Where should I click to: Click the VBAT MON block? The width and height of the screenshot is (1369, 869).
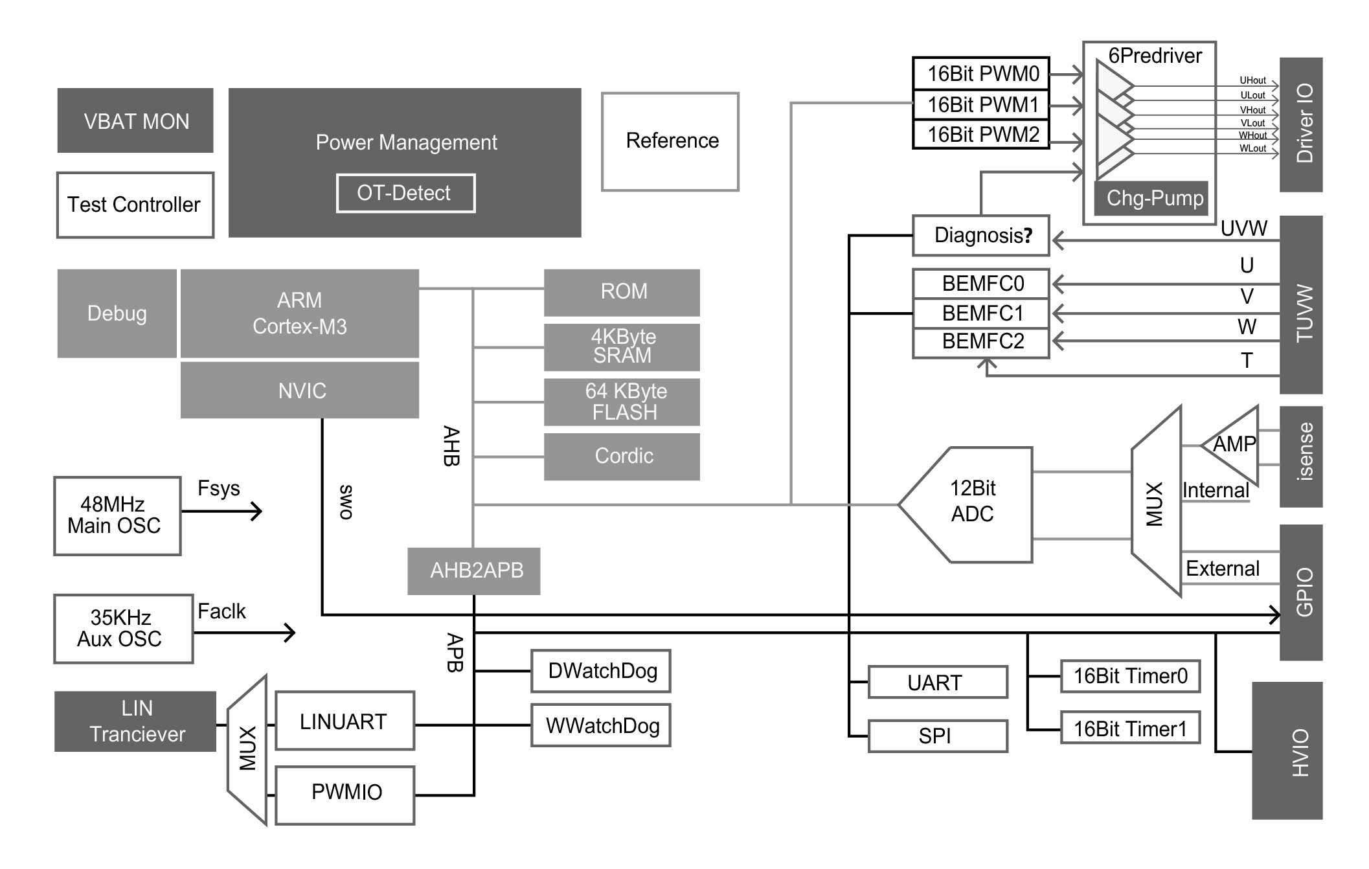[135, 120]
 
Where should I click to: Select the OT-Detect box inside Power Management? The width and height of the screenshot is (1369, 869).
[405, 193]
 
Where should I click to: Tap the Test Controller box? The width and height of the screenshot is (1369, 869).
[135, 205]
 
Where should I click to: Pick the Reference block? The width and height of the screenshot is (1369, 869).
[670, 141]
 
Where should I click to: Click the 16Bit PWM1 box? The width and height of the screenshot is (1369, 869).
[980, 104]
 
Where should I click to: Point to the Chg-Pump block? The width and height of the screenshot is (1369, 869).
[1151, 198]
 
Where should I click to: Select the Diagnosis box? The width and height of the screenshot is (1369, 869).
[980, 235]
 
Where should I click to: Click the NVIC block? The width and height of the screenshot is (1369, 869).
[300, 390]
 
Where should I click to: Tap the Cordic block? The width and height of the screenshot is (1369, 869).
[622, 457]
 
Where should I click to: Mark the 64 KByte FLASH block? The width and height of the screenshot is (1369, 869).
[622, 402]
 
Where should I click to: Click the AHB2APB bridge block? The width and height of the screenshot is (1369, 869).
[474, 571]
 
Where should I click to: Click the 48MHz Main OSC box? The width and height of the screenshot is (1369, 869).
[117, 516]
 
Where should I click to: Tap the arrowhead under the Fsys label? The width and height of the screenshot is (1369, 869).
[257, 512]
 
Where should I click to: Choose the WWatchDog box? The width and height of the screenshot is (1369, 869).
[601, 725]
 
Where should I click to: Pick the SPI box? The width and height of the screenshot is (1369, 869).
[937, 736]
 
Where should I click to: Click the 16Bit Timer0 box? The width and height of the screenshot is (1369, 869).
[1130, 677]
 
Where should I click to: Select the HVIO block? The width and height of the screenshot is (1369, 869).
[1287, 751]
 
